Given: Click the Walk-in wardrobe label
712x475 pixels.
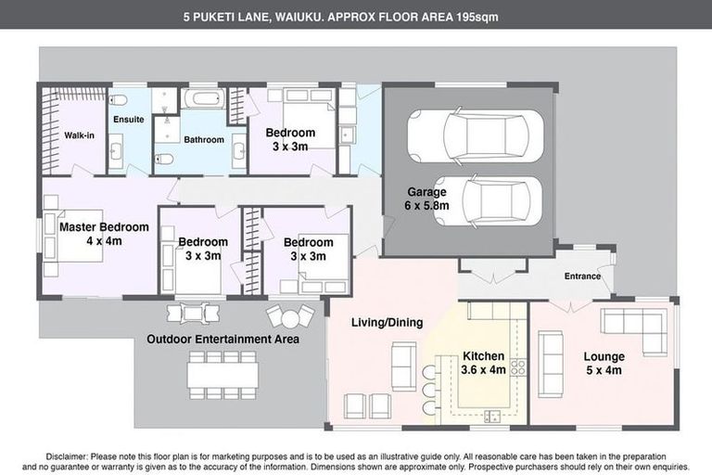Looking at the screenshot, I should (x=79, y=135).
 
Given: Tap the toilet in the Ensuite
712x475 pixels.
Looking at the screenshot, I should (x=120, y=100).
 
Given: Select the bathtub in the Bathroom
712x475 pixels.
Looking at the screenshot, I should (x=198, y=99).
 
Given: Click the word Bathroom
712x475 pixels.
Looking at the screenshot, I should (x=203, y=140).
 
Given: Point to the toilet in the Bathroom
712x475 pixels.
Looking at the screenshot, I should (x=163, y=158).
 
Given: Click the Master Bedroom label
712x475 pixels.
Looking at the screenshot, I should (x=104, y=233).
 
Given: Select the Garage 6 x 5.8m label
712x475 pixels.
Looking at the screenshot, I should (x=427, y=199).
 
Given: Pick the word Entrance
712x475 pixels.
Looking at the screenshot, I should (x=582, y=276).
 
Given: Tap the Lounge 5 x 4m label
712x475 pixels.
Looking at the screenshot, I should (x=604, y=363).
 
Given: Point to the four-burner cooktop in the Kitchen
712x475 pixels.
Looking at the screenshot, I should (x=517, y=367).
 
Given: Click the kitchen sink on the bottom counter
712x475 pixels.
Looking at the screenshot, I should (x=491, y=415).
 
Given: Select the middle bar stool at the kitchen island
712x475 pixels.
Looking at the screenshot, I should (x=428, y=389).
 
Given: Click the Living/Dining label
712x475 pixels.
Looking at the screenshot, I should (x=387, y=323).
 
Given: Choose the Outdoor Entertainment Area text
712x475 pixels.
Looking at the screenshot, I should (x=222, y=340).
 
